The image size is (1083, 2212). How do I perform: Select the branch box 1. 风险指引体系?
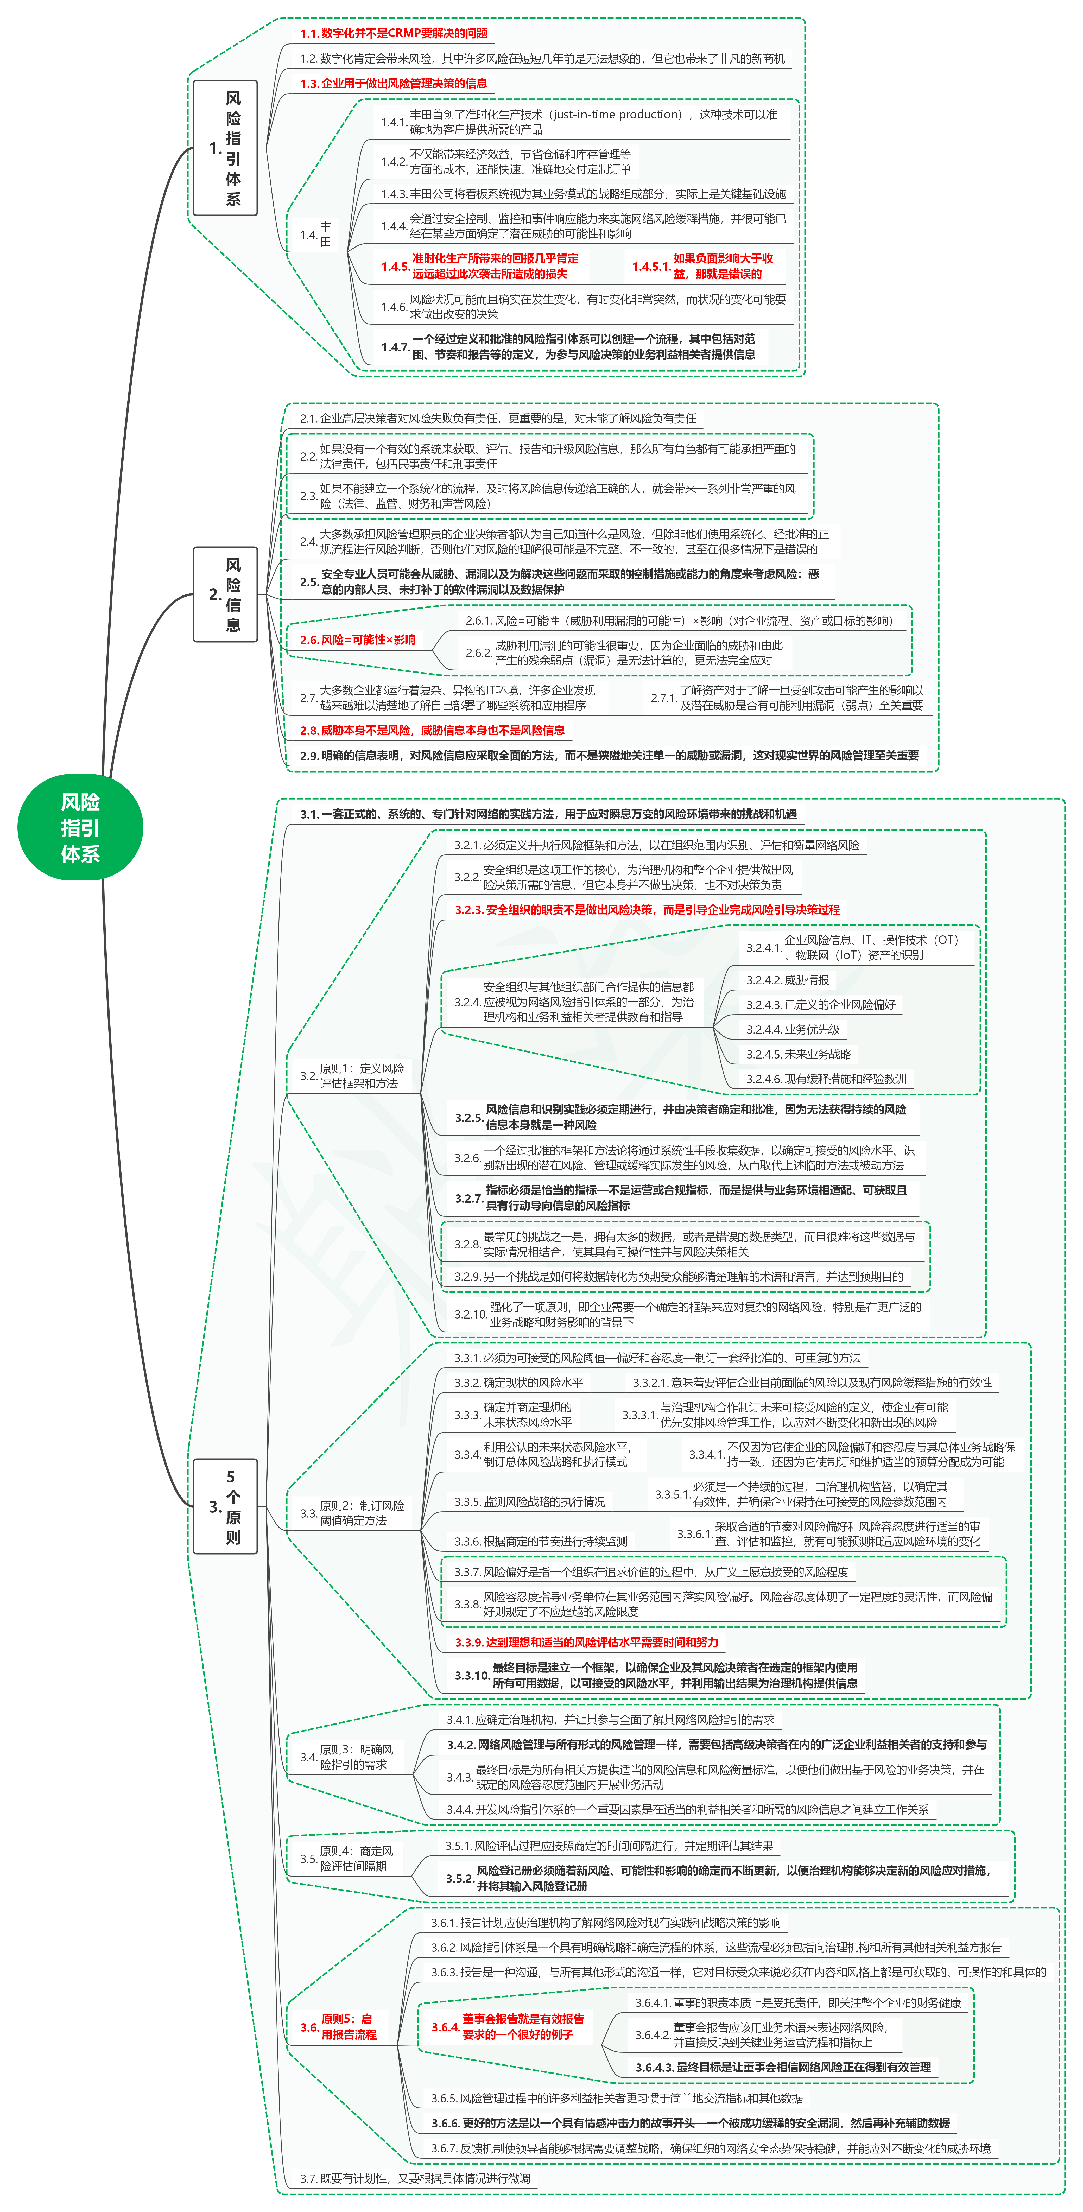225,148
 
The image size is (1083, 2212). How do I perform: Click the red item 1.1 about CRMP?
393,34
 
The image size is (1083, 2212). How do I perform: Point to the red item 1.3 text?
393,83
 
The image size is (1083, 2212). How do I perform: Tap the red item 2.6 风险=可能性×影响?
357,640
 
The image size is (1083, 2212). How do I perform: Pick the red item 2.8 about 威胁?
432,730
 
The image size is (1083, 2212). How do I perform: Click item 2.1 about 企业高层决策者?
498,418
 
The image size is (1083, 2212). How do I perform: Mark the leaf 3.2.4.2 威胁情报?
788,980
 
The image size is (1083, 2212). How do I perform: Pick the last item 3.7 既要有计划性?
415,2178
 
